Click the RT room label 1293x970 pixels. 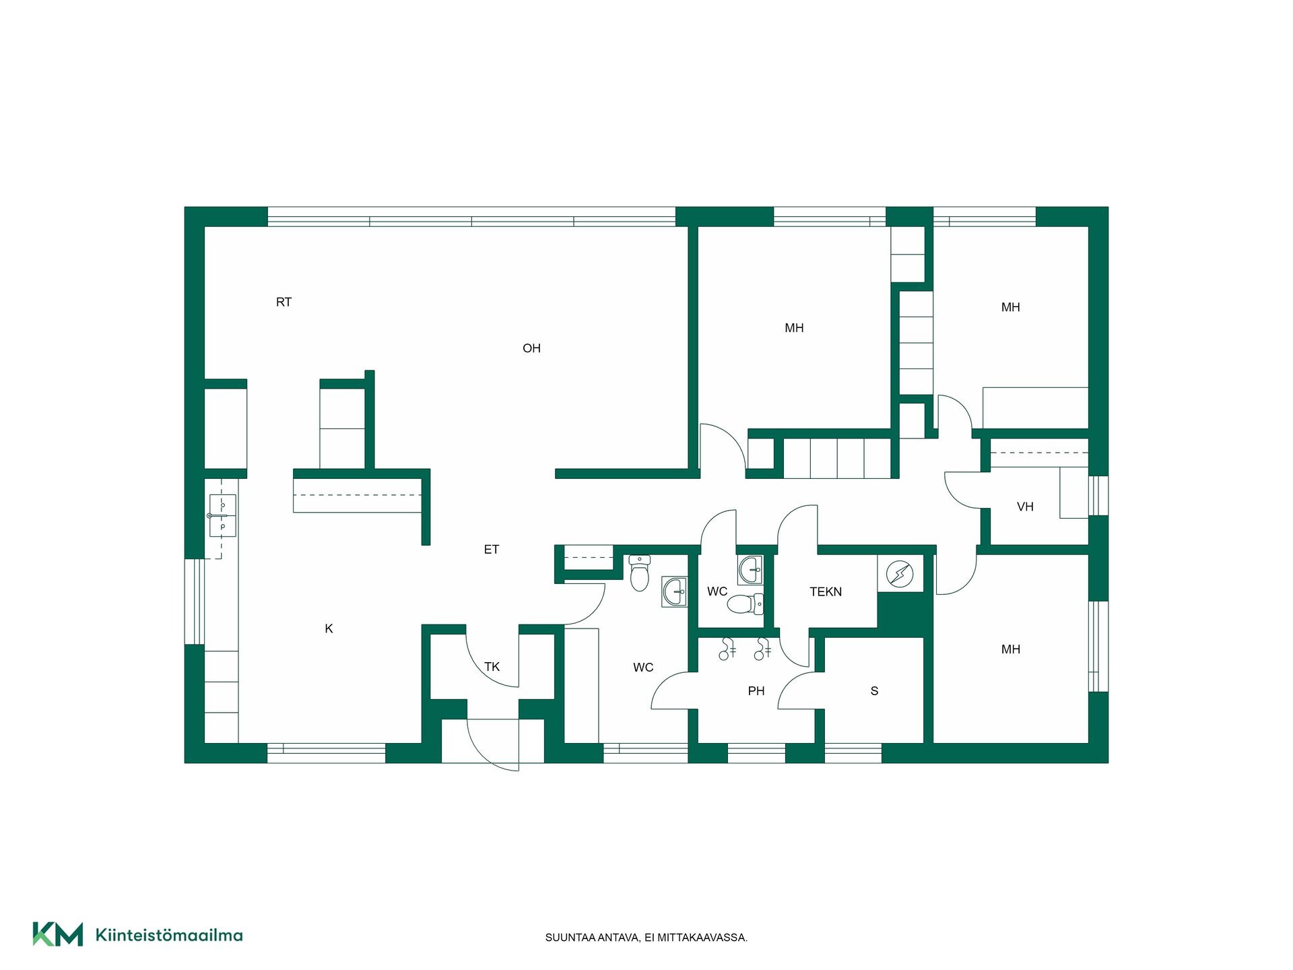pos(284,302)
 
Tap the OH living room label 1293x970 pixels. pos(531,348)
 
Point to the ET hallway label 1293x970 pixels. pos(492,550)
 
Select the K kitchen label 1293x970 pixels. pos(329,628)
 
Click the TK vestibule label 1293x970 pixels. pos(492,667)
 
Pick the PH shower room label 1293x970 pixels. pos(756,691)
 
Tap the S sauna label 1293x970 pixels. pos(874,691)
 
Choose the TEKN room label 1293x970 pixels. pos(826,592)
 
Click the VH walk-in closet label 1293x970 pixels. pos(1025,507)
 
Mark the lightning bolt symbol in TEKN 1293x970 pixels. pos(900,574)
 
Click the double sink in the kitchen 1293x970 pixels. pos(222,515)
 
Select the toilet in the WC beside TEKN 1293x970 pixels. pos(745,604)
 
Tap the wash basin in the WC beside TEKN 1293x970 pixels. pos(750,570)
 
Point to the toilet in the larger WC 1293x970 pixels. pos(639,573)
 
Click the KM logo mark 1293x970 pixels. pos(58,934)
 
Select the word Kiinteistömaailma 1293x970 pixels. pos(169,935)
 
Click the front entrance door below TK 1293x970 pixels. pos(493,745)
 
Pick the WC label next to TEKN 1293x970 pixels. pos(717,592)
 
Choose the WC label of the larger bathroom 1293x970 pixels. pos(643,668)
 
